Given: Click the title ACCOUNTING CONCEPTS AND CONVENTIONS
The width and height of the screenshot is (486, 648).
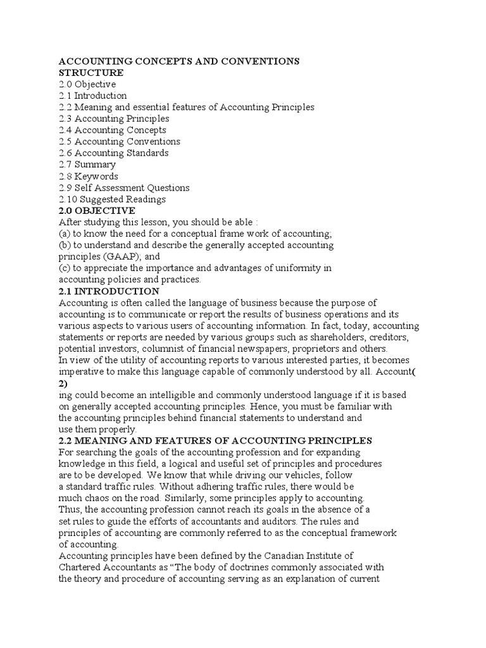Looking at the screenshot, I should [179, 61].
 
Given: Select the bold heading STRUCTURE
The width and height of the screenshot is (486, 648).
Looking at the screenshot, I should [91, 73].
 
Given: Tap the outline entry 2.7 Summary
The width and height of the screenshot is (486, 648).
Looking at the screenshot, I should [87, 165].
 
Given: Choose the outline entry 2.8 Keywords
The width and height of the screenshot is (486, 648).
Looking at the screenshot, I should [89, 177].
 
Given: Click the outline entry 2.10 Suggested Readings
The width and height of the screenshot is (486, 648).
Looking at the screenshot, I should [113, 199].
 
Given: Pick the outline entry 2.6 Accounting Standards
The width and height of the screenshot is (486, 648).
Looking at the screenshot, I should [114, 153].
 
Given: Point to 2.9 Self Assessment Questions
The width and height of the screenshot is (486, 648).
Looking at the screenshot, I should [124, 188].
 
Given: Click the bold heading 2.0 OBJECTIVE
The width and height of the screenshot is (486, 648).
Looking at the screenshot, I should [97, 211].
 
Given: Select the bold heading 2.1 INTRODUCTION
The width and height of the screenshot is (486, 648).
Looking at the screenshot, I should [109, 291].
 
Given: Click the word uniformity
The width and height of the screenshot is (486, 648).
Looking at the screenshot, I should [295, 268].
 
